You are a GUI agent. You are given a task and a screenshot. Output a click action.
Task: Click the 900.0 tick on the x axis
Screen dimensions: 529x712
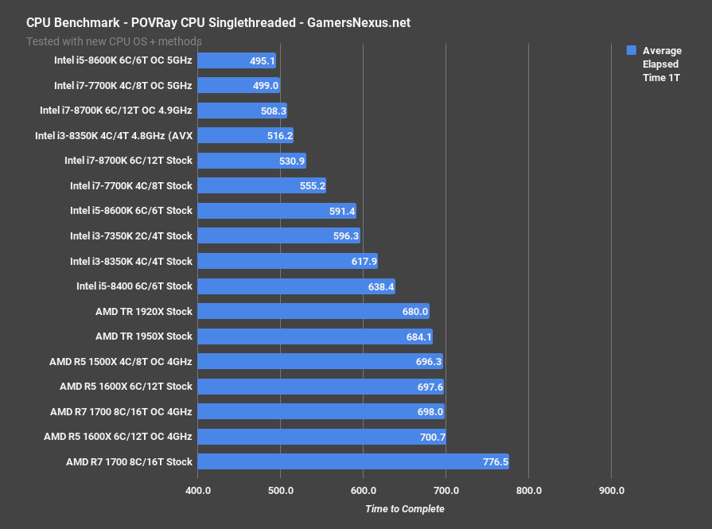[611, 491]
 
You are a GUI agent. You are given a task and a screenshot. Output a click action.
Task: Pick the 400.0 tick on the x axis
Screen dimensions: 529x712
[197, 491]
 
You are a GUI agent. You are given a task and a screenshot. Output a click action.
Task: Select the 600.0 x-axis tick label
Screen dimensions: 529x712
[363, 491]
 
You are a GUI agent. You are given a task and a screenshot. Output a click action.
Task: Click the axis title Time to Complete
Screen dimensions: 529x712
[404, 509]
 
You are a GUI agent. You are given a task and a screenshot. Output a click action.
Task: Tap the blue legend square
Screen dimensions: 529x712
[632, 50]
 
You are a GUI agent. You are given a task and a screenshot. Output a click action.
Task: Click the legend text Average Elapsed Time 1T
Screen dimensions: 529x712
[661, 64]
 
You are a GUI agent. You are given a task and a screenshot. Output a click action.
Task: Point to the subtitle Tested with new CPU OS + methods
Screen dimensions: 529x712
[114, 41]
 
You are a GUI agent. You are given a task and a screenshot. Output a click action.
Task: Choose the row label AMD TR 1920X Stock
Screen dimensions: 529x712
[143, 311]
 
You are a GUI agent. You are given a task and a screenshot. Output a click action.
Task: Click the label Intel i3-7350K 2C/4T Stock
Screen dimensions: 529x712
[130, 235]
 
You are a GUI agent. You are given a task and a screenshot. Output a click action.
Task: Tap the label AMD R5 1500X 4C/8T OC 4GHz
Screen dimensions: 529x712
[120, 361]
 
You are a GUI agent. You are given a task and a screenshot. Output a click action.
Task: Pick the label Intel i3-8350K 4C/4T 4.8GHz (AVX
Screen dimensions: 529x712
[113, 136]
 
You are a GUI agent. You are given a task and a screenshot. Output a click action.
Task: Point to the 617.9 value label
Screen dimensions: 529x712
[363, 261]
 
